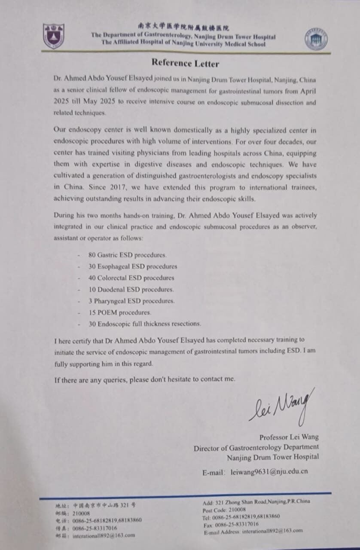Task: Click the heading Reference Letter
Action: (185, 64)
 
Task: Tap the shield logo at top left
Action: (53, 36)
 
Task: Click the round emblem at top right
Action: (316, 40)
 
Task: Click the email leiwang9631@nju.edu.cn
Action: (269, 471)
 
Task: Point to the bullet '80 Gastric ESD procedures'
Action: (127, 255)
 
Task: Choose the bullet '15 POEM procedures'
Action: (120, 312)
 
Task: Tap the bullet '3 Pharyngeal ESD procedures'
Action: (131, 301)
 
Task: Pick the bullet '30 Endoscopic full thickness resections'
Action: (144, 324)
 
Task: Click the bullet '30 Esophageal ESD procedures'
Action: (132, 266)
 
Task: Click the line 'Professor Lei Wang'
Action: (289, 437)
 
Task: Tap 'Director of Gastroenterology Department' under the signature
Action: (256, 447)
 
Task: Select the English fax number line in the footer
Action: (231, 524)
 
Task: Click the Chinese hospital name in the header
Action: (183, 27)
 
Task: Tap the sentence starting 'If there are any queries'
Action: (145, 379)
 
